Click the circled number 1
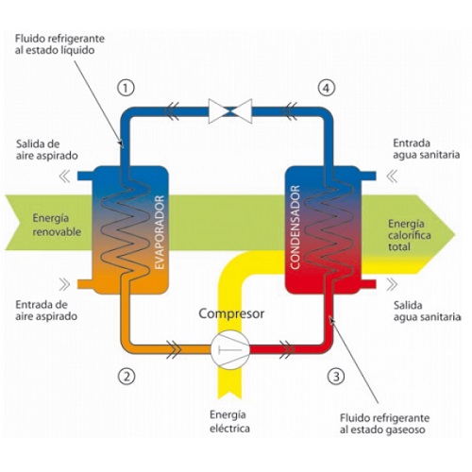pyautogui.click(x=126, y=88)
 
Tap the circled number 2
pyautogui.click(x=126, y=376)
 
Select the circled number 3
pyautogui.click(x=336, y=376)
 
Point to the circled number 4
pyautogui.click(x=327, y=88)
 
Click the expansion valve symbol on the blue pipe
pyautogui.click(x=230, y=111)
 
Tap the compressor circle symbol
pyautogui.click(x=230, y=349)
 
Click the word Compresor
pyautogui.click(x=231, y=313)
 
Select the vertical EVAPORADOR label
pyautogui.click(x=160, y=232)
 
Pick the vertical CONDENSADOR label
pyautogui.click(x=295, y=228)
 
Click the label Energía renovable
pyautogui.click(x=57, y=225)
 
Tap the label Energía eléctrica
pyautogui.click(x=229, y=422)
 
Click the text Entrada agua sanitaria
pyautogui.click(x=427, y=149)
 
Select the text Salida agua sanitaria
pyautogui.click(x=427, y=312)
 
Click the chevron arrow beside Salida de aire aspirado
pyautogui.click(x=65, y=176)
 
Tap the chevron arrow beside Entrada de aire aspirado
pyautogui.click(x=64, y=284)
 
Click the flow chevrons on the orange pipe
pyautogui.click(x=174, y=349)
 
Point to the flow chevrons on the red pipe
pyautogui.click(x=287, y=349)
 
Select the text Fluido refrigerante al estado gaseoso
pyautogui.click(x=384, y=424)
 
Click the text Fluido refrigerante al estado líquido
pyautogui.click(x=59, y=44)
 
